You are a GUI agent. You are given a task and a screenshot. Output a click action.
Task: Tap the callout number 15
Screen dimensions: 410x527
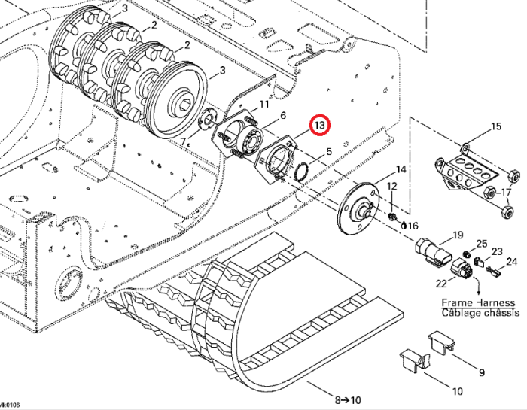point(495,126)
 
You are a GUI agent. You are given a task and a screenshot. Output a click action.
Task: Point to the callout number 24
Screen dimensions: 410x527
point(512,262)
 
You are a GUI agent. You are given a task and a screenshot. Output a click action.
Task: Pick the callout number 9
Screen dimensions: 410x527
point(481,372)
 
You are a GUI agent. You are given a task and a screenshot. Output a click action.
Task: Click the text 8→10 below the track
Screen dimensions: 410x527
point(348,400)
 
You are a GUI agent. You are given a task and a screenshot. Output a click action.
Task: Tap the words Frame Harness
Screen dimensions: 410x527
point(471,302)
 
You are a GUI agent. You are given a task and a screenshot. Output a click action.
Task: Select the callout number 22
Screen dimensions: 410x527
point(442,283)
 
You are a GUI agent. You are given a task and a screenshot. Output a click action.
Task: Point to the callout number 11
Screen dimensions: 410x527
point(263,105)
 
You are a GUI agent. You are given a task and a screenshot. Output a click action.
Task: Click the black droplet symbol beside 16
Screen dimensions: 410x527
point(404,224)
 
